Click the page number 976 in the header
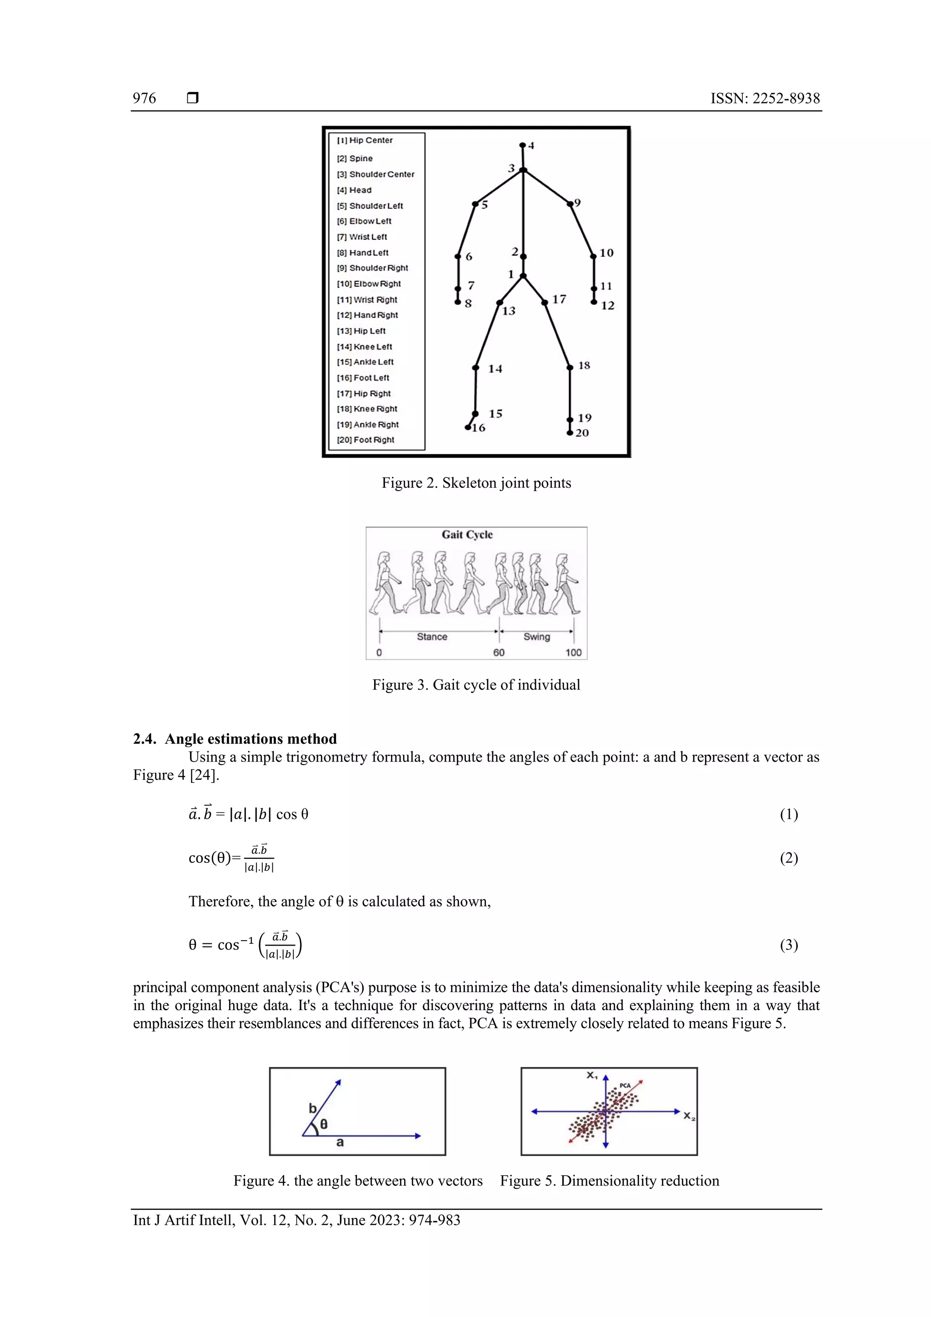point(144,98)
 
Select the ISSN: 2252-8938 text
point(765,98)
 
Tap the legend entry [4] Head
point(354,190)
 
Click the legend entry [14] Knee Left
point(364,346)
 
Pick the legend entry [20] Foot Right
point(365,440)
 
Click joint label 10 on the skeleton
point(606,253)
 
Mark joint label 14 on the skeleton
point(495,369)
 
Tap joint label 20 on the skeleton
point(582,433)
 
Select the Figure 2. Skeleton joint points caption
point(476,483)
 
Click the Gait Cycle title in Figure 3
point(467,535)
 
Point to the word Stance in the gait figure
point(431,637)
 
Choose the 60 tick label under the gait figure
point(499,653)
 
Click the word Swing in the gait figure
point(536,637)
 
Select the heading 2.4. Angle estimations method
point(235,739)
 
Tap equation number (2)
point(788,858)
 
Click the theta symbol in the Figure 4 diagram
point(324,1124)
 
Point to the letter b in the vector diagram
point(313,1108)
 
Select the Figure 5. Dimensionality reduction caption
point(609,1181)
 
